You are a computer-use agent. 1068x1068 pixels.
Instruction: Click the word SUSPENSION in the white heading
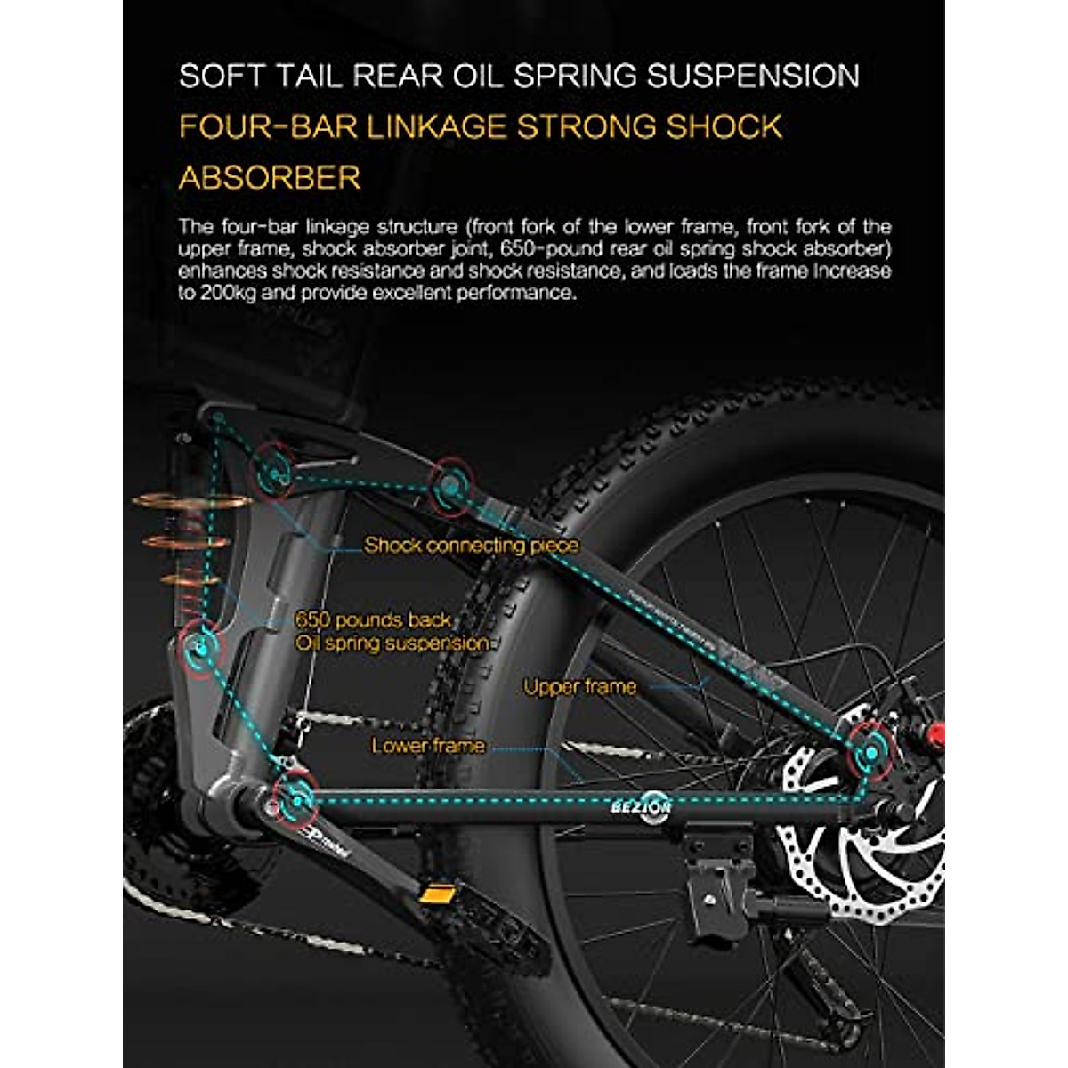(x=753, y=76)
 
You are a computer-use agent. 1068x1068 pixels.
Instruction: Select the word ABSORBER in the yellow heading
(x=270, y=177)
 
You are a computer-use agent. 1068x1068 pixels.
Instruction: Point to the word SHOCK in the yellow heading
(x=724, y=126)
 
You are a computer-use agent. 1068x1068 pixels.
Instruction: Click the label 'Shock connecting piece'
(x=471, y=545)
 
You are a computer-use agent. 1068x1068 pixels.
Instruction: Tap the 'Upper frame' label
(x=579, y=686)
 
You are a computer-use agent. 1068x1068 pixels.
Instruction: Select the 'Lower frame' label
(x=428, y=745)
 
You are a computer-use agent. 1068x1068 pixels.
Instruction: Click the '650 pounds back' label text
(x=373, y=619)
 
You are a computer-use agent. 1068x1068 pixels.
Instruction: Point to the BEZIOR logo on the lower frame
(x=641, y=807)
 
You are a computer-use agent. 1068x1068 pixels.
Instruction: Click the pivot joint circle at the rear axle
(x=867, y=755)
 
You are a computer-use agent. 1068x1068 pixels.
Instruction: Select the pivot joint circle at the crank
(x=295, y=798)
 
